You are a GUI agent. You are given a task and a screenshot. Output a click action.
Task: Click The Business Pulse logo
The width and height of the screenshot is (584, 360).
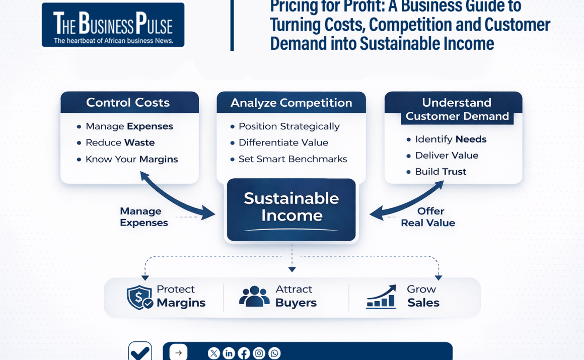coord(113,25)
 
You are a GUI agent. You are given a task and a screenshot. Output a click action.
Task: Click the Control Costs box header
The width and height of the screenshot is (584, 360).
coord(129,103)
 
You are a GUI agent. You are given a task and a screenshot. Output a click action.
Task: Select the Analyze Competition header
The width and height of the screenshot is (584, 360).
coord(291,103)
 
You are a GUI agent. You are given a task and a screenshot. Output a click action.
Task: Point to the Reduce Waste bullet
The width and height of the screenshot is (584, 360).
coord(120,142)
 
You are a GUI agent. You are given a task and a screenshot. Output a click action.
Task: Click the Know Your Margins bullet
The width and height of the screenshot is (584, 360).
coord(131,159)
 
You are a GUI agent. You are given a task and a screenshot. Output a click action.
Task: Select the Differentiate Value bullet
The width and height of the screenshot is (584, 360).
coord(283,142)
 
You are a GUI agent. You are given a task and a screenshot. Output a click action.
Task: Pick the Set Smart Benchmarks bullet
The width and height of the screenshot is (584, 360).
coord(293,159)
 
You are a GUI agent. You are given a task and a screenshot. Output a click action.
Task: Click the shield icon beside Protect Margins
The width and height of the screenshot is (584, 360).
coord(139,297)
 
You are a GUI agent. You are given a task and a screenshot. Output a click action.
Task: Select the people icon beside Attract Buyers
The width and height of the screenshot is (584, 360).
coord(254,297)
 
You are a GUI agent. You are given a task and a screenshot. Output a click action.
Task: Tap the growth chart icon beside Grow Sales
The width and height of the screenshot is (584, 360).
coord(381,297)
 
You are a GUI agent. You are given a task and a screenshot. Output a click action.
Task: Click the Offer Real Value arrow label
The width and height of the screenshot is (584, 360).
coord(428,217)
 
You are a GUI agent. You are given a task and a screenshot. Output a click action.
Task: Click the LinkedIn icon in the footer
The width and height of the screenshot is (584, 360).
coord(229,353)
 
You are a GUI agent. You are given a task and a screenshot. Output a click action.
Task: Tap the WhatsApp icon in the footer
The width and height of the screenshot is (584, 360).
coord(274,353)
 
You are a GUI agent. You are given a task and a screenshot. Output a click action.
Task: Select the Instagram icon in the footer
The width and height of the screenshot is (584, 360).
coord(259,353)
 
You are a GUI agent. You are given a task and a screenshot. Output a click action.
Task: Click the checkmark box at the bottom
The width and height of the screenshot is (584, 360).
coord(140,351)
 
